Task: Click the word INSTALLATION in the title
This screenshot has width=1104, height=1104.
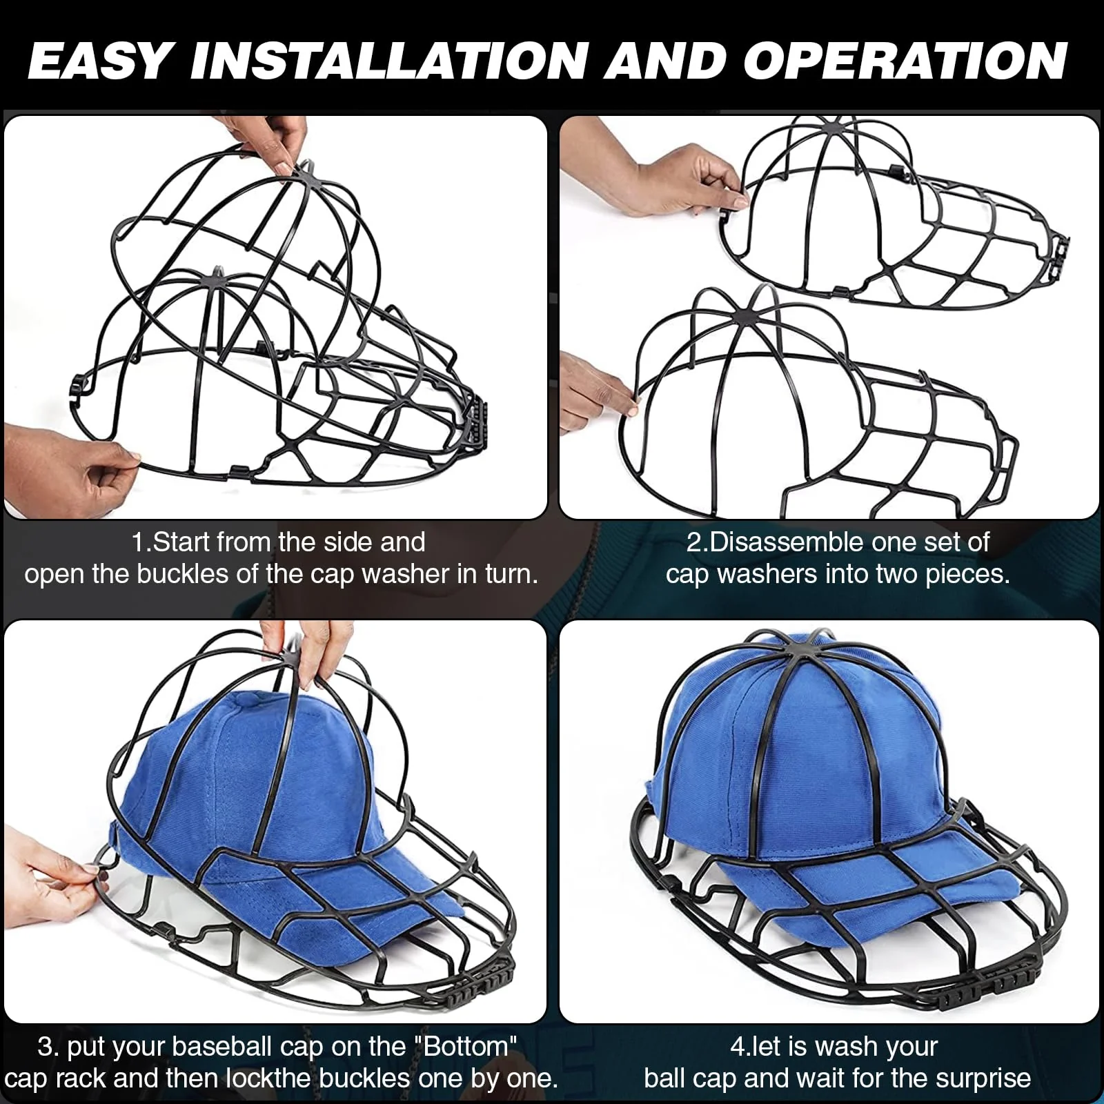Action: [x=388, y=61]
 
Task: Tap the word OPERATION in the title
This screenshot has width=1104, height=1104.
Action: [x=905, y=61]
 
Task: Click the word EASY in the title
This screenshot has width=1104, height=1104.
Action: [x=98, y=61]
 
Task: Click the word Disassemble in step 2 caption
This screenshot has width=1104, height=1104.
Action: [x=778, y=542]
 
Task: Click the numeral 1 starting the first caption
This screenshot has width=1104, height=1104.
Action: [x=138, y=542]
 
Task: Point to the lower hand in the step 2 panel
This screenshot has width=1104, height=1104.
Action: [x=593, y=390]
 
